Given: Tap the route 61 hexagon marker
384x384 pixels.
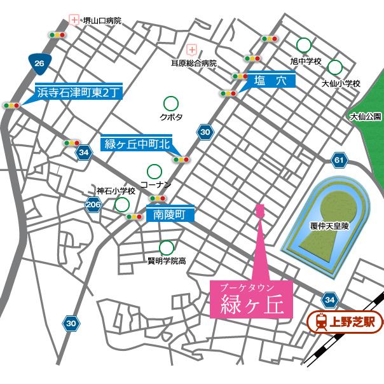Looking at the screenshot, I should pyautogui.click(x=339, y=160).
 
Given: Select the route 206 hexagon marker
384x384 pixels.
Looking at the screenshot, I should pyautogui.click(x=93, y=204).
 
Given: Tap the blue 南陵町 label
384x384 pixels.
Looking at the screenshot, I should pyautogui.click(x=168, y=215).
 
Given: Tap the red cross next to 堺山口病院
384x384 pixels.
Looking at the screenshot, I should pyautogui.click(x=74, y=20).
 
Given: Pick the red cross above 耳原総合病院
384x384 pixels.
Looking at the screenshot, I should pyautogui.click(x=192, y=49).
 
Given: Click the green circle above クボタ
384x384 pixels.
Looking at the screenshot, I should pyautogui.click(x=170, y=102).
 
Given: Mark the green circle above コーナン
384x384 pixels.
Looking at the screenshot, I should pyautogui.click(x=154, y=171).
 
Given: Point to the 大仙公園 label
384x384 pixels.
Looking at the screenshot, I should pyautogui.click(x=365, y=116).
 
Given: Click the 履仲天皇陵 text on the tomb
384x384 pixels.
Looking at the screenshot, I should pyautogui.click(x=330, y=226).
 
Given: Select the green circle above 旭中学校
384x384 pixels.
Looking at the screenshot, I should pyautogui.click(x=304, y=45).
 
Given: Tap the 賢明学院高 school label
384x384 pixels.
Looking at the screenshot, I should pyautogui.click(x=167, y=260).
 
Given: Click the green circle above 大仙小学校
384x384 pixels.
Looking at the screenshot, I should pyautogui.click(x=334, y=67).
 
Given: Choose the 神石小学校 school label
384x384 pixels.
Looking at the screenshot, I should pyautogui.click(x=116, y=191).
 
